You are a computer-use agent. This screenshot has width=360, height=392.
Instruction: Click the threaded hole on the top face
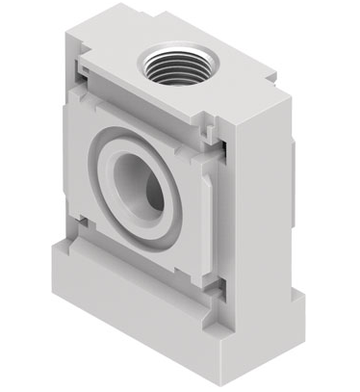[172, 65]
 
